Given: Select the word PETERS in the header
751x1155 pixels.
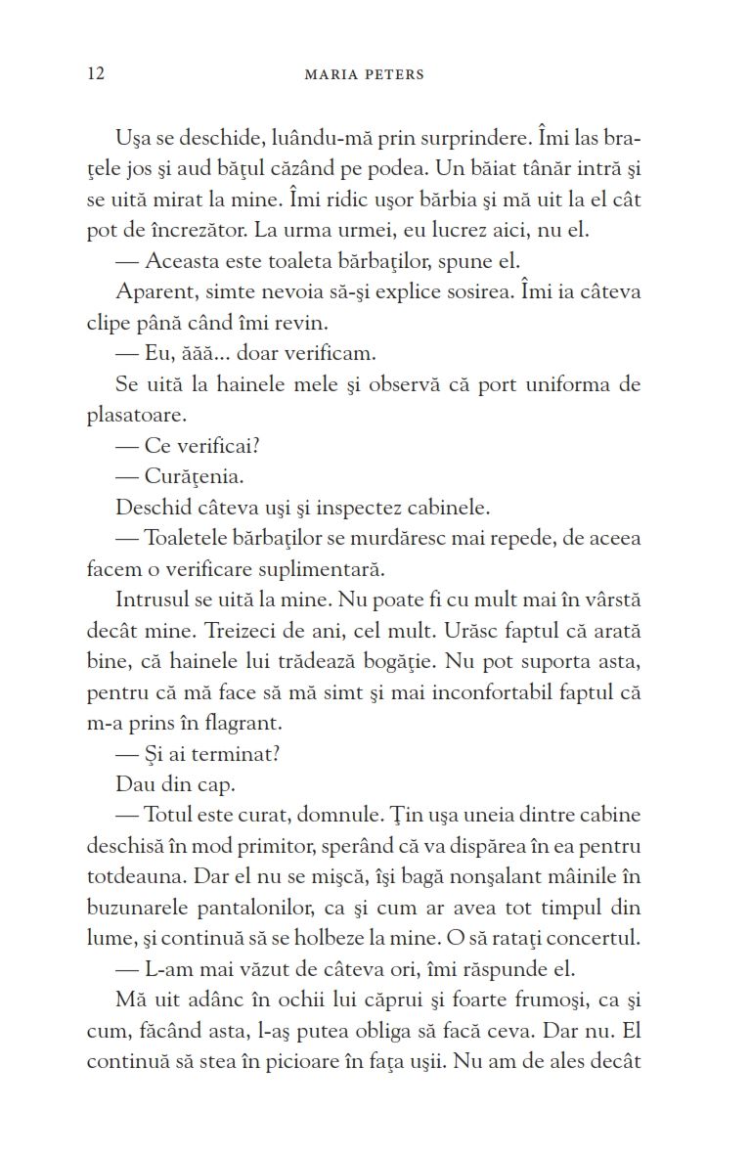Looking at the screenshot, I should point(393,74).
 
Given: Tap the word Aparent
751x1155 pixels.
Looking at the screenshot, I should point(149,292).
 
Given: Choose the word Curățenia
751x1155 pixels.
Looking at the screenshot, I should point(193,477).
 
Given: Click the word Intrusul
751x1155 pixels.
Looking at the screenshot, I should point(152,600).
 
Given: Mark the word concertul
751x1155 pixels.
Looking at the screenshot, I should point(594,939).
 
